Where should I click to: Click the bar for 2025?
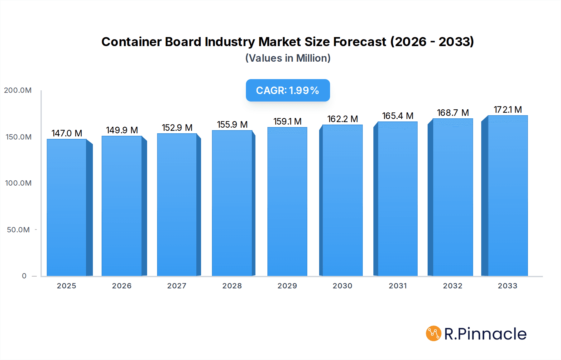67,207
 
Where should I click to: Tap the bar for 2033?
508,196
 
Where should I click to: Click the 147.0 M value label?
67,133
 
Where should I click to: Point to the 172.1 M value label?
508,110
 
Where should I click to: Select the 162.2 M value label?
342,119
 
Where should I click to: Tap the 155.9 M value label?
232,125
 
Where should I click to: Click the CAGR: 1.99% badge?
288,90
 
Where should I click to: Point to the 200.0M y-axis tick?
18,90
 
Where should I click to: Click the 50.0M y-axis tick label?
18,230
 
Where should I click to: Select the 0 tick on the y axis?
24,276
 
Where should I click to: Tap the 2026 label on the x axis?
122,286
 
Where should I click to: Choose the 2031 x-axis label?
398,286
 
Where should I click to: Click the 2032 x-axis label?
453,286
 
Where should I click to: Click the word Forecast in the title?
360,42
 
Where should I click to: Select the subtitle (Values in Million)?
288,58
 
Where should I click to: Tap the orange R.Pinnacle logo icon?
434,334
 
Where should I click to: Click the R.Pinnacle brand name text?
485,334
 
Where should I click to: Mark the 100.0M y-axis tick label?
18,183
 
